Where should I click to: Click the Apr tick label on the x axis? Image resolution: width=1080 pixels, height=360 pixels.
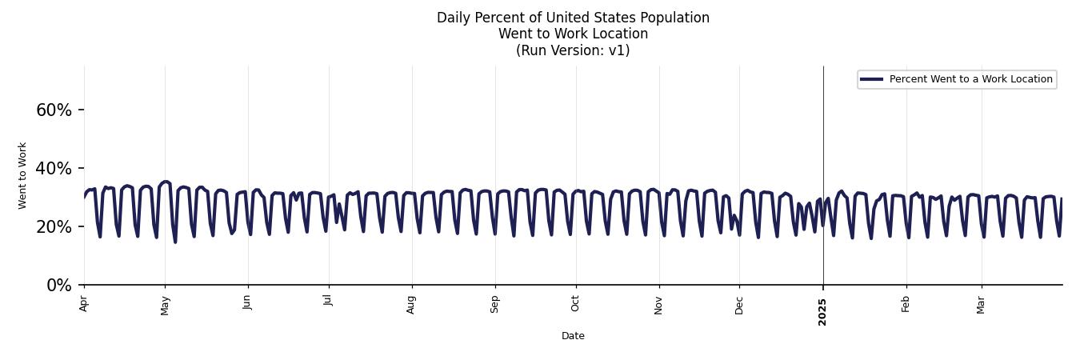click(84, 303)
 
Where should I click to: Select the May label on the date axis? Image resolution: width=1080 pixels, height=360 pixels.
click(166, 305)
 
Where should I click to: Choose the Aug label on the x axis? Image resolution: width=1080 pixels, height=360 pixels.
click(412, 305)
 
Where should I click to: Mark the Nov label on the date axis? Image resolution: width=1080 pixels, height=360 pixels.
click(659, 305)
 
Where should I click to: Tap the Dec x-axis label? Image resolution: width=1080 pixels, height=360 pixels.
click(739, 304)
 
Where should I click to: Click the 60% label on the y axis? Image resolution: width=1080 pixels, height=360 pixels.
click(54, 110)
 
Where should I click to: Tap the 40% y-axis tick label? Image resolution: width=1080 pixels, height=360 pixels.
click(54, 169)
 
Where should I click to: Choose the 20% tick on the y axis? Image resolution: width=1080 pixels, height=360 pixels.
click(54, 227)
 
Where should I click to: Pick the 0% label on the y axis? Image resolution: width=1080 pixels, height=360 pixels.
click(59, 286)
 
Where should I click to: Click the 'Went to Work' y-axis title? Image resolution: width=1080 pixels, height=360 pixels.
click(22, 175)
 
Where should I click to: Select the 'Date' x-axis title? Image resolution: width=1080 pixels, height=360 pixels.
click(573, 336)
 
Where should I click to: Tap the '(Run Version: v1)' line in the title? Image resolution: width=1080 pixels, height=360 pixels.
click(573, 50)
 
